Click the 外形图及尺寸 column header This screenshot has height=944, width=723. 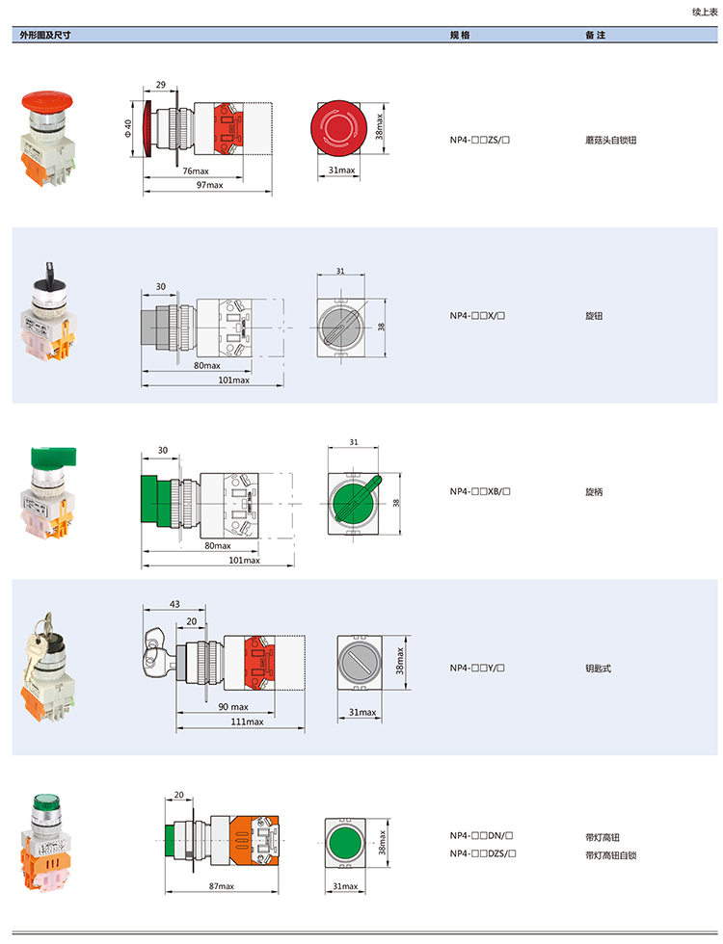point(45,35)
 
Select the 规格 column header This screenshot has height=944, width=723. point(460,35)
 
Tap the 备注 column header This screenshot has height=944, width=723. point(596,35)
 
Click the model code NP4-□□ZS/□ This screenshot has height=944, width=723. point(480,140)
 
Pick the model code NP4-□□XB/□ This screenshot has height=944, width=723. point(480,491)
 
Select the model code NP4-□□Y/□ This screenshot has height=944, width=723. point(477,668)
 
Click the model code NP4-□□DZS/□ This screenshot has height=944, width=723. point(483,853)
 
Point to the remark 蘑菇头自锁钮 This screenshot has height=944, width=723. point(610,141)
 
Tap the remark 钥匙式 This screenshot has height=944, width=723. point(598,669)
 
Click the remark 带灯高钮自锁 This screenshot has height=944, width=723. point(610,855)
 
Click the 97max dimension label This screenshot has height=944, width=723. point(210,185)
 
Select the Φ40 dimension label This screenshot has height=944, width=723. point(127,127)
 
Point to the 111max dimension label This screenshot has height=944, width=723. point(247,721)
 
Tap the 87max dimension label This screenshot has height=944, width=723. point(221,886)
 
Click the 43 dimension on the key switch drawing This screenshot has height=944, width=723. point(174,604)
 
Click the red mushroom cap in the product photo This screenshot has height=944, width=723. point(47,100)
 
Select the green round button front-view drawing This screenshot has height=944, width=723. point(345,842)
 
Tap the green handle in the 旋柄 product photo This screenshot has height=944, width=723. point(53,457)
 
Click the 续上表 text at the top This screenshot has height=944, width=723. point(705,12)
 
